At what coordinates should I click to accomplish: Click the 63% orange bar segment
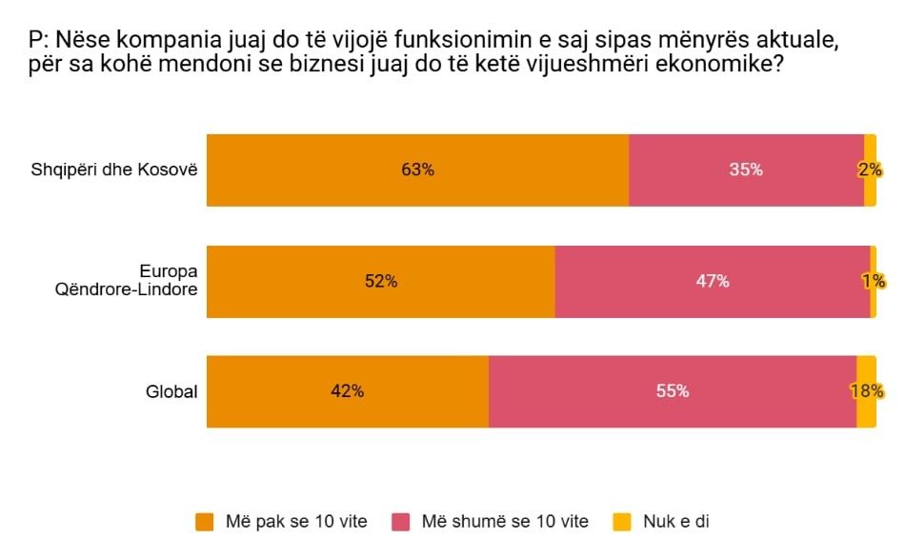click(417, 170)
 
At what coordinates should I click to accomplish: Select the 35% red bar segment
click(746, 170)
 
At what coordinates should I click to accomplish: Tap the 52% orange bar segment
click(380, 282)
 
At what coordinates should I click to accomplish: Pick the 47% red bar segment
click(712, 282)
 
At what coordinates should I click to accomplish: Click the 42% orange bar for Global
click(347, 391)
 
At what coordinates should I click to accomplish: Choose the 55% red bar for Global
click(672, 391)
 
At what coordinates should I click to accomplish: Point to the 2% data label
click(870, 170)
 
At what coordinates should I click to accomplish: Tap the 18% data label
click(867, 391)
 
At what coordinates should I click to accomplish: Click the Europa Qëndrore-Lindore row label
click(128, 281)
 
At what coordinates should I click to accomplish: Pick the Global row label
click(171, 391)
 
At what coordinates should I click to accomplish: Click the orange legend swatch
click(205, 522)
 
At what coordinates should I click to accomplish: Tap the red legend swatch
click(402, 522)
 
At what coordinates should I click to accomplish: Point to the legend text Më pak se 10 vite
click(296, 522)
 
